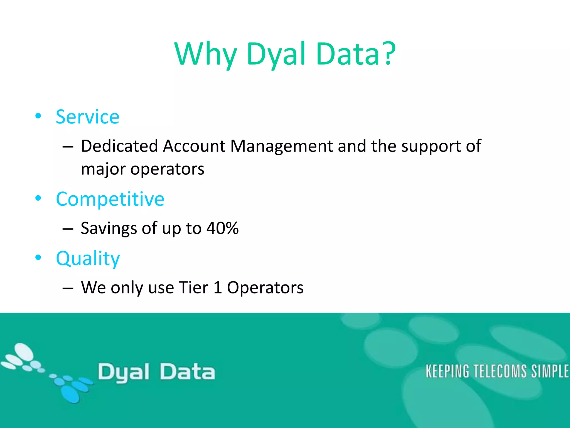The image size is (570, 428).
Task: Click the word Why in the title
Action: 206,54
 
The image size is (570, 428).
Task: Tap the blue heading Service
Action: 87,117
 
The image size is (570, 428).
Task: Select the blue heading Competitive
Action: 110,199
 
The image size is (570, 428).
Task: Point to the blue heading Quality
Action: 88,258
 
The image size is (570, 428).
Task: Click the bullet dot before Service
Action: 38,116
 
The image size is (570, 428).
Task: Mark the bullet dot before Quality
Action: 38,257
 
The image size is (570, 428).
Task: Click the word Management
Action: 281,146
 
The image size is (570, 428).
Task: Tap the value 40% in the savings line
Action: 222,228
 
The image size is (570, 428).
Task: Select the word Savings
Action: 109,228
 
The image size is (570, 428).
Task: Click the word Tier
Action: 193,288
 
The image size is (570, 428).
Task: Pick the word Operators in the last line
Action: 265,288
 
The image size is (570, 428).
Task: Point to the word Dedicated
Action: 119,146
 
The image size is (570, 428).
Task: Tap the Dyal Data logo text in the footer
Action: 156,372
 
